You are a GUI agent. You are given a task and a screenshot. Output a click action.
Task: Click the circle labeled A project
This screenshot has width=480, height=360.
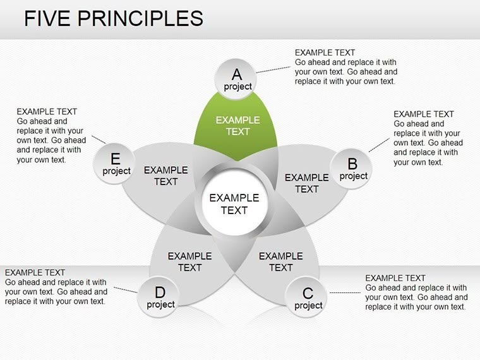(x=237, y=79)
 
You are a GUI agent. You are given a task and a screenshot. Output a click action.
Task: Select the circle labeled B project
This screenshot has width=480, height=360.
(x=352, y=169)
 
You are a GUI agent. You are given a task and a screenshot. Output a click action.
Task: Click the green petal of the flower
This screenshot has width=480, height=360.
(x=237, y=126)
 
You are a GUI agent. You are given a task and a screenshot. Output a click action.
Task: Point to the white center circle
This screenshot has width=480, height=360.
(x=234, y=204)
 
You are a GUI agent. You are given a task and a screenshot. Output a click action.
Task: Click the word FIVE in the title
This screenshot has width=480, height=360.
(x=48, y=18)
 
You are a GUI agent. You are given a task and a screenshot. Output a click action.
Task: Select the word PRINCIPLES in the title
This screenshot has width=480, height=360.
(x=141, y=18)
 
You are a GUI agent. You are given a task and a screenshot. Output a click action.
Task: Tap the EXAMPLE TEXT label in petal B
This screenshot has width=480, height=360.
(x=307, y=183)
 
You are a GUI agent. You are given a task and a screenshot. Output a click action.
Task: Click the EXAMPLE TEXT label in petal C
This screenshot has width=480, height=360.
(x=281, y=261)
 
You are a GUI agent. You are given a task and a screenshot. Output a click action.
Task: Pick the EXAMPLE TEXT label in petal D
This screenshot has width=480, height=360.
(x=189, y=261)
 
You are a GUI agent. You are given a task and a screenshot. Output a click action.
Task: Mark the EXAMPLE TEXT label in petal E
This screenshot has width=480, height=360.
(x=166, y=176)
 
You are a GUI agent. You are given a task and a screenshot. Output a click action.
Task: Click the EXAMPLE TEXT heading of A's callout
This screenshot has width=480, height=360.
(x=325, y=53)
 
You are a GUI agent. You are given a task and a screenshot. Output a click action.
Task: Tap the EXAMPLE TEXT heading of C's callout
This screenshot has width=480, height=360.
(x=395, y=279)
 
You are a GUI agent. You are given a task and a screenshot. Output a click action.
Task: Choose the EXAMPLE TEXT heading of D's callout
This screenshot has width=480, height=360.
(x=35, y=273)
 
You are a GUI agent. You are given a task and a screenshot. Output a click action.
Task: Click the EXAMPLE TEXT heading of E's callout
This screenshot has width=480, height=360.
(x=47, y=112)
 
